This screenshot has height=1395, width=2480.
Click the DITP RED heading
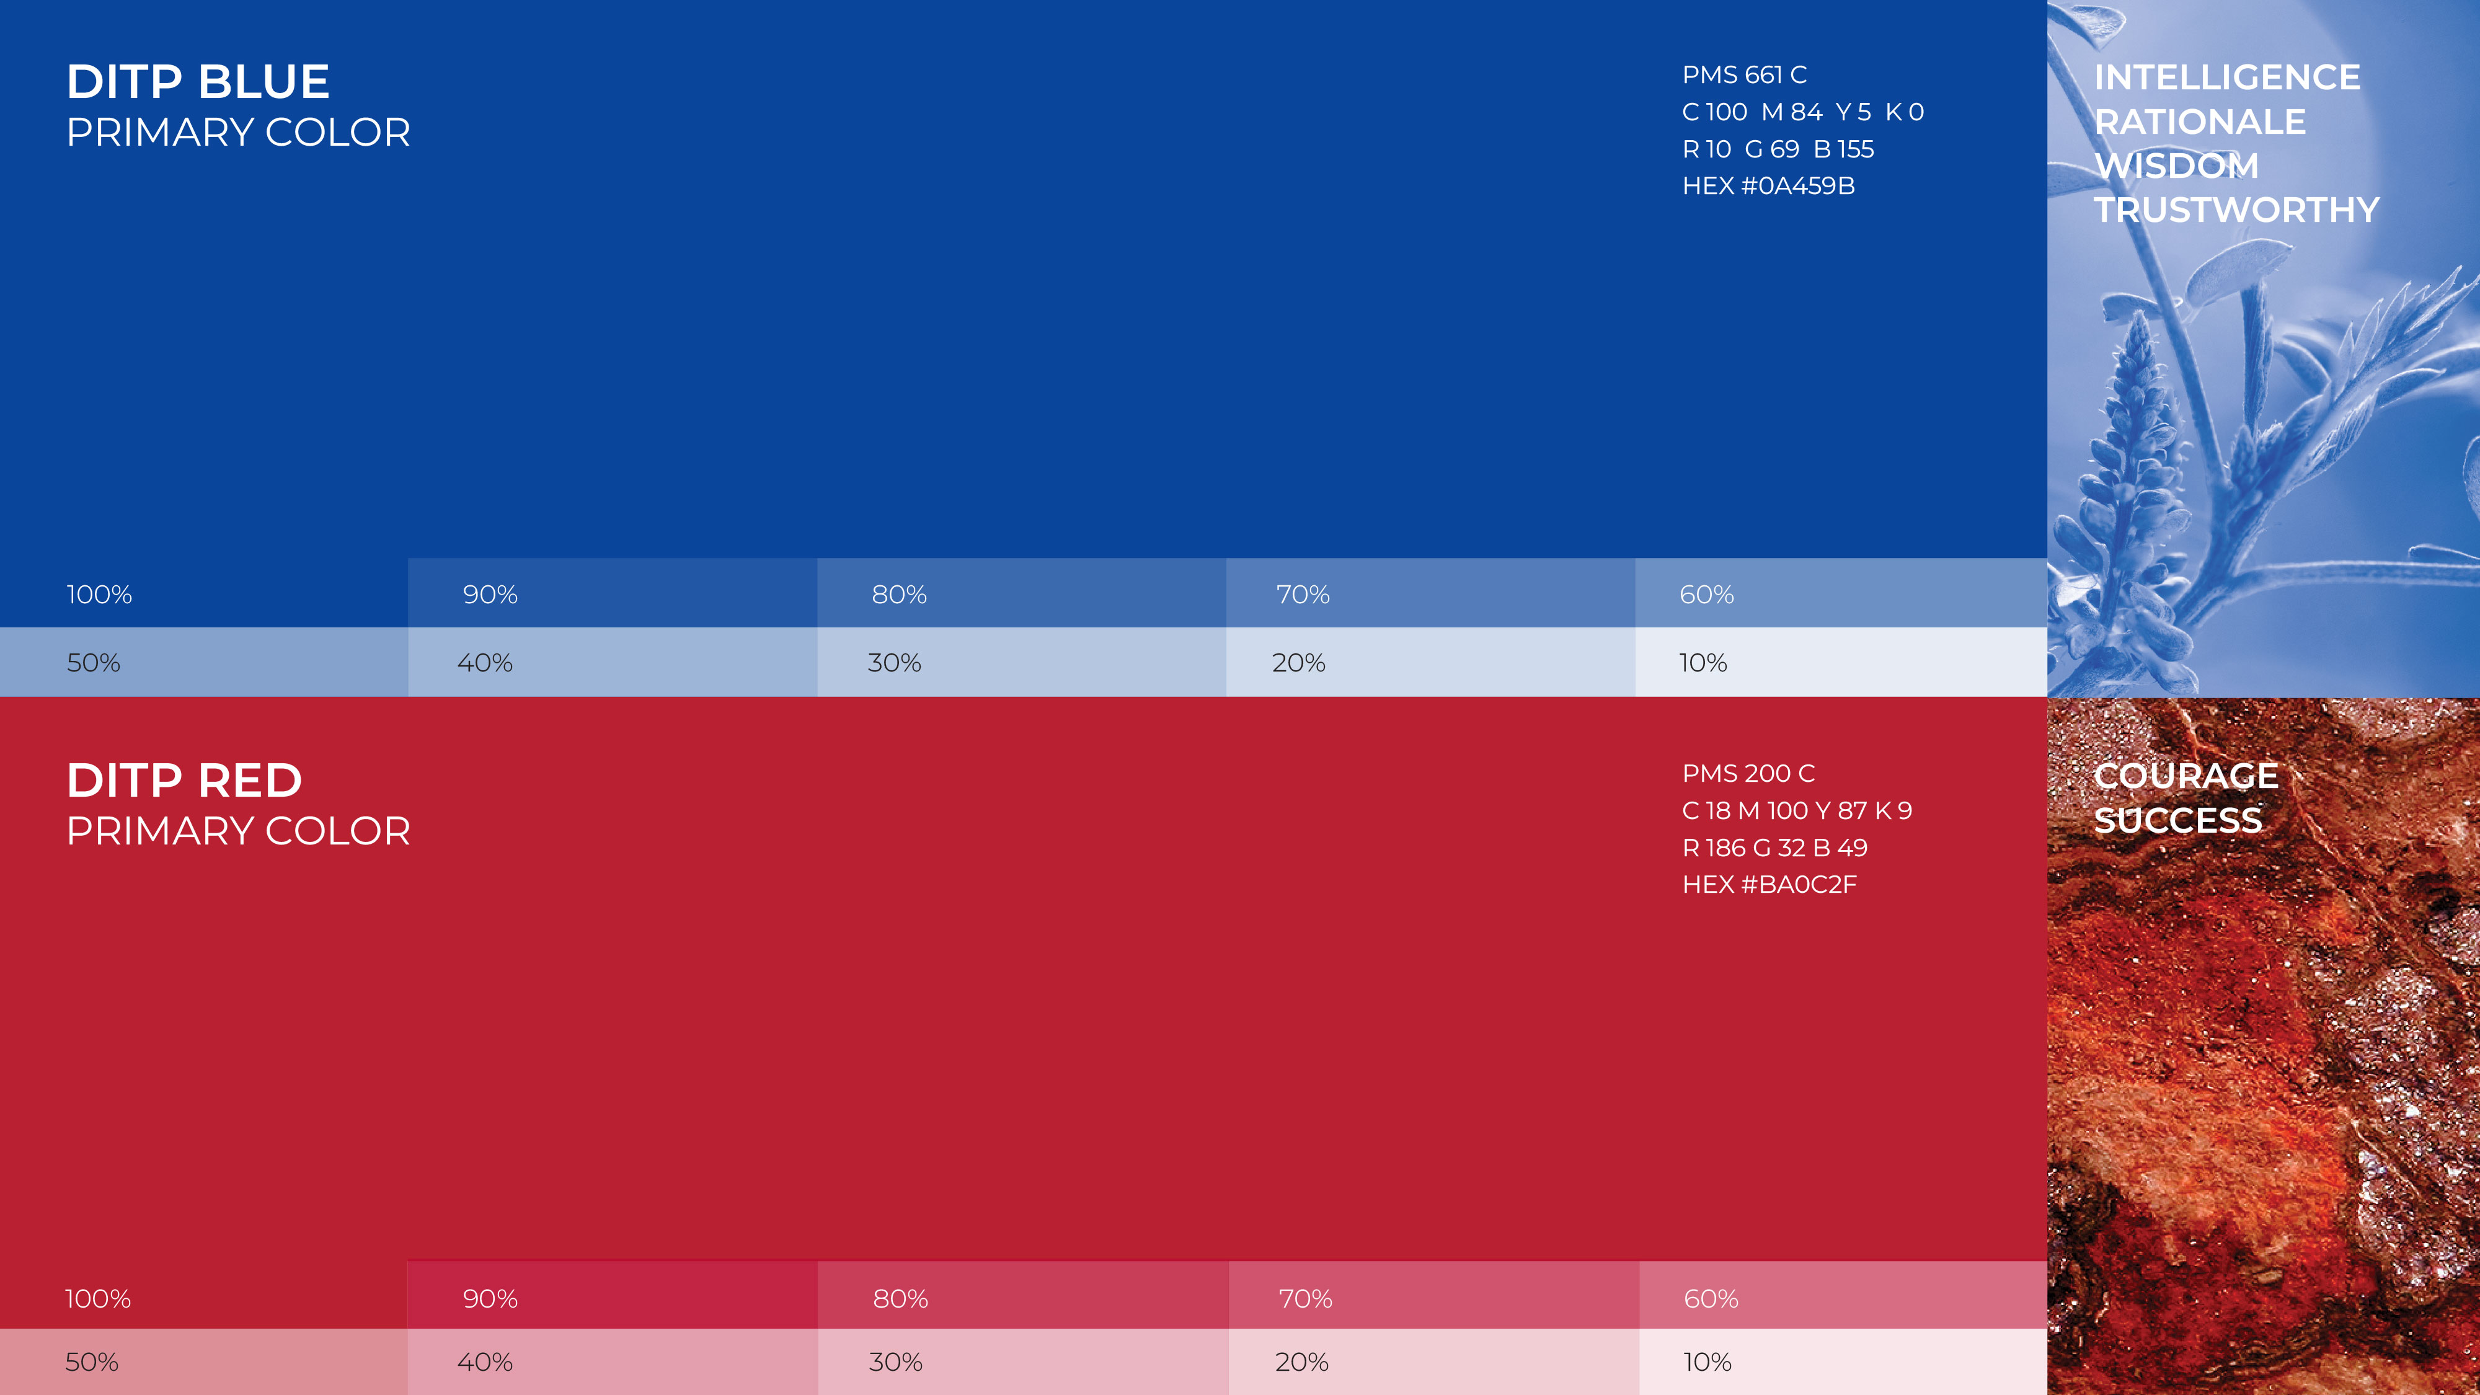(184, 781)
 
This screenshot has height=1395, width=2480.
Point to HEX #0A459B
(1768, 186)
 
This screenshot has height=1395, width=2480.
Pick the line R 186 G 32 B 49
(1774, 848)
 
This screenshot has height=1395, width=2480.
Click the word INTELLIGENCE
(2227, 77)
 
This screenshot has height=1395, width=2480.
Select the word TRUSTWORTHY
(2236, 210)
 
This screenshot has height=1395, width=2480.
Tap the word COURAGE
(2185, 776)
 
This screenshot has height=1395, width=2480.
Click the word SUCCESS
(2177, 820)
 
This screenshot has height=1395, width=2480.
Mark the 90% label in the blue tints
(490, 595)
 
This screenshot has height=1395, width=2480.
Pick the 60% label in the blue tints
(1706, 595)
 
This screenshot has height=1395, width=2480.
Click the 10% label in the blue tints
(1702, 663)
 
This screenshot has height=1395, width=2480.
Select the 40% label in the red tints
(484, 1362)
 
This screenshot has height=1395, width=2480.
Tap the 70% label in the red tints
(1304, 1299)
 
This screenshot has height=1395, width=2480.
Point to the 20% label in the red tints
(1301, 1362)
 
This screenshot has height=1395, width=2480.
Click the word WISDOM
(2176, 166)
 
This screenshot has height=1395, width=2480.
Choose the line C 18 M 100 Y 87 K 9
(1797, 810)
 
